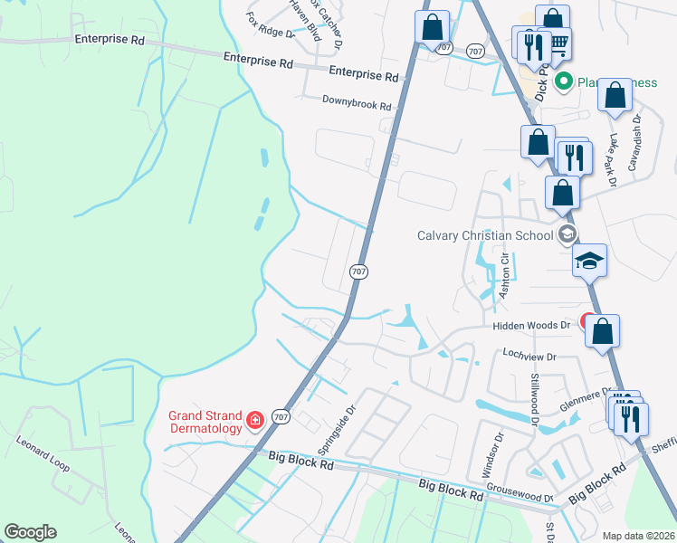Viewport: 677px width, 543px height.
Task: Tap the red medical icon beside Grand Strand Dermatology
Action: click(255, 419)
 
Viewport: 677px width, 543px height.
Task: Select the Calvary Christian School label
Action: click(484, 235)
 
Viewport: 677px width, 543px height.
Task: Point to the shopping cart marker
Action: click(558, 42)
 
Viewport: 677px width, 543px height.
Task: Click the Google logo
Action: click(30, 532)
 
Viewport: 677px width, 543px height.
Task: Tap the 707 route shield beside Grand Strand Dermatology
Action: click(281, 416)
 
